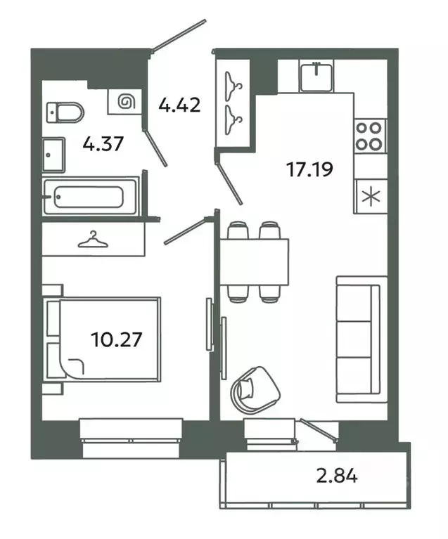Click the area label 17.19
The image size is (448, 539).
[309, 169]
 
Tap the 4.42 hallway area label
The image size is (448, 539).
[179, 105]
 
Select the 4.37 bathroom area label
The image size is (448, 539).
[103, 143]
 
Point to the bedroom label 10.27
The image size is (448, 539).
[117, 339]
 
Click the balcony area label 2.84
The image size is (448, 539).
[337, 476]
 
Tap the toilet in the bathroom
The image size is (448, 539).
[65, 112]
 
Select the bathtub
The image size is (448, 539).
[91, 197]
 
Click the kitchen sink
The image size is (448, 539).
[316, 77]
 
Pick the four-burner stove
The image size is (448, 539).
[370, 136]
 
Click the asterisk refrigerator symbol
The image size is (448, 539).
[371, 197]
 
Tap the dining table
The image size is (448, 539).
[254, 262]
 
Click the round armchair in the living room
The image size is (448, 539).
[255, 390]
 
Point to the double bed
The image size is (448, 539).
[103, 339]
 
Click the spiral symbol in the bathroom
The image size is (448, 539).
[126, 101]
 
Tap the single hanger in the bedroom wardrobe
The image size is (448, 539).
[93, 239]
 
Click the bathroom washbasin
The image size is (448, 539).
[53, 155]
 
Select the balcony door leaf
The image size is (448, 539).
[319, 429]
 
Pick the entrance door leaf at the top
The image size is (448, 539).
[179, 35]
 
